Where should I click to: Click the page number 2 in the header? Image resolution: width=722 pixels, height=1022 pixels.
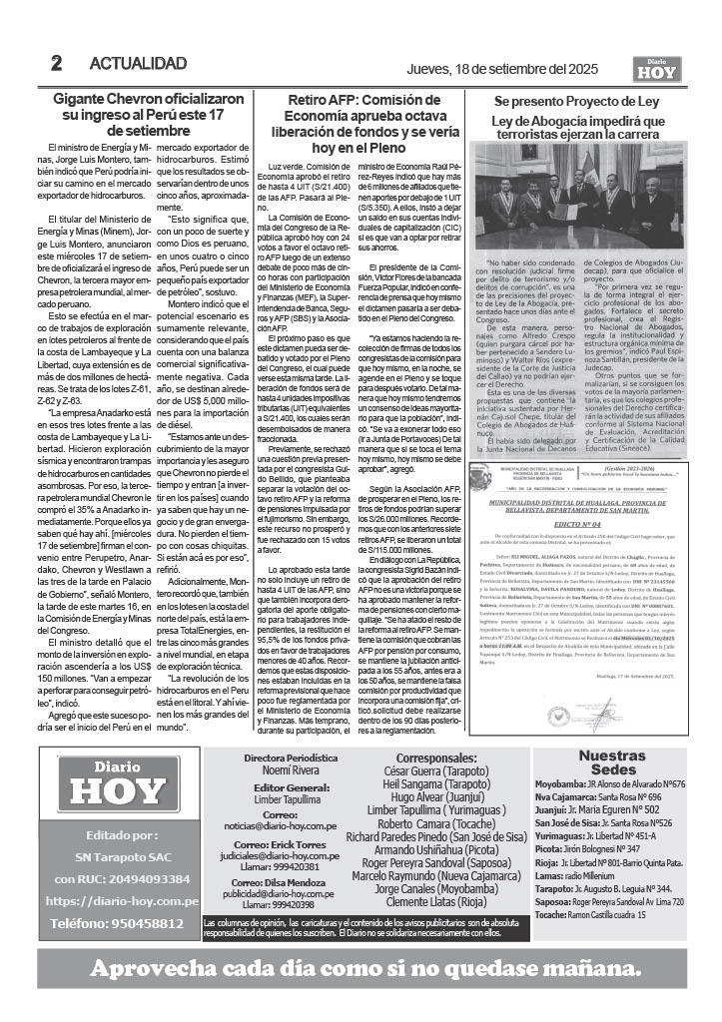point(56,63)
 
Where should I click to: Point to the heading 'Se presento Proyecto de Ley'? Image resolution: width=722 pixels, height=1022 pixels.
point(576,102)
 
